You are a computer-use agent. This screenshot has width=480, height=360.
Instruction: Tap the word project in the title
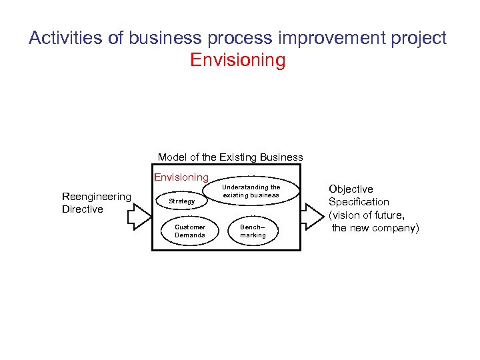click(x=419, y=38)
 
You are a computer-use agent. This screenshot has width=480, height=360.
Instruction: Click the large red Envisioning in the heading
click(x=238, y=61)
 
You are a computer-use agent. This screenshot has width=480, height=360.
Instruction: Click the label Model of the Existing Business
click(x=230, y=157)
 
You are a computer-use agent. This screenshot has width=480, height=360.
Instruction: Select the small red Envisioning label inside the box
click(x=181, y=177)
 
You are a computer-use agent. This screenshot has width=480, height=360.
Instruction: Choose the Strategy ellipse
click(x=182, y=201)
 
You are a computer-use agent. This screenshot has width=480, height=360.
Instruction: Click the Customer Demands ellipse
click(x=190, y=231)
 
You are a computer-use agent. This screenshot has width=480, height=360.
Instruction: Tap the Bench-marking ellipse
click(x=253, y=231)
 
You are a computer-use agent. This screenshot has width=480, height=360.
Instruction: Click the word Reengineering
click(x=96, y=196)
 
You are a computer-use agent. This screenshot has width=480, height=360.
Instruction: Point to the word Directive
click(x=82, y=209)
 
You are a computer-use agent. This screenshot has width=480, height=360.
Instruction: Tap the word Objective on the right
click(x=351, y=189)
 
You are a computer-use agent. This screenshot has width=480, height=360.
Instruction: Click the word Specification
click(x=359, y=202)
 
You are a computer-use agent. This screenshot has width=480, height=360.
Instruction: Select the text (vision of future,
click(x=367, y=215)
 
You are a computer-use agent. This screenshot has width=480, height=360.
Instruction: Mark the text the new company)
click(x=376, y=228)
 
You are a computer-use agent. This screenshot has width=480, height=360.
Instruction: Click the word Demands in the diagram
click(x=190, y=235)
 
